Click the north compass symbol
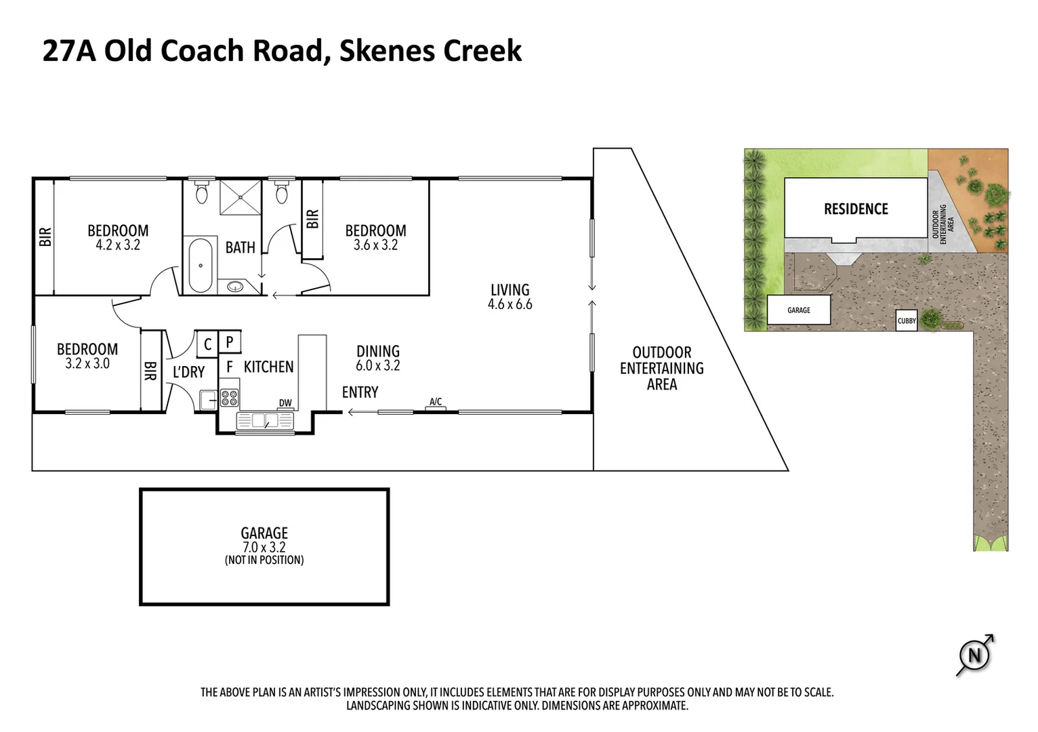click(x=974, y=655)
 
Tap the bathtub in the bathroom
click(x=201, y=265)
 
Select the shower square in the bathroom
click(x=241, y=197)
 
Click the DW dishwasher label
click(x=285, y=403)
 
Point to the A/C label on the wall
click(x=436, y=401)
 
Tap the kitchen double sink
click(x=265, y=420)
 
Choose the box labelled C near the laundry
click(x=207, y=344)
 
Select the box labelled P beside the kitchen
click(x=230, y=342)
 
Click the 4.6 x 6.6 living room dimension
click(x=510, y=304)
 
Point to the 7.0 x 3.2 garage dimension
click(x=264, y=547)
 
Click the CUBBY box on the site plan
click(x=907, y=321)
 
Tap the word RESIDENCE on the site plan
click(x=856, y=209)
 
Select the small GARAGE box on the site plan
click(x=799, y=310)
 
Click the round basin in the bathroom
click(x=235, y=287)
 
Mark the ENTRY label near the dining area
click(x=360, y=392)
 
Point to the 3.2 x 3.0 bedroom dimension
click(x=87, y=364)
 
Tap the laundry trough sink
click(x=208, y=400)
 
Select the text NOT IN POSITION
click(x=264, y=560)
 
